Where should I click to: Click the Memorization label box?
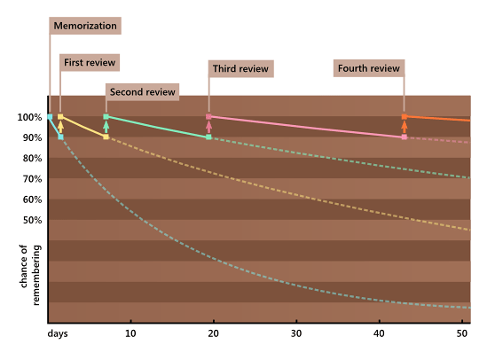[x=84, y=26]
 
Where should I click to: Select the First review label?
[x=90, y=62]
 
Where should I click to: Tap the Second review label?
[x=143, y=91]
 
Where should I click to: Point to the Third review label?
[x=240, y=68]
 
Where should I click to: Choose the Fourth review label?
[x=368, y=68]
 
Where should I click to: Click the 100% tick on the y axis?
[x=29, y=117]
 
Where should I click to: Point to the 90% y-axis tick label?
[x=31, y=137]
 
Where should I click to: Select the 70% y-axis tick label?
[x=31, y=179]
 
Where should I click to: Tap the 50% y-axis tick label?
[x=31, y=220]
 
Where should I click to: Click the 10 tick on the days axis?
[x=130, y=334]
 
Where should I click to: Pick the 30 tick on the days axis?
[x=296, y=334]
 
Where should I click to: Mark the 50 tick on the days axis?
[x=462, y=334]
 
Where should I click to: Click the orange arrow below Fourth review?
[x=405, y=126]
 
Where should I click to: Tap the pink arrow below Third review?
[x=208, y=126]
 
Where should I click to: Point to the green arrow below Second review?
[x=106, y=126]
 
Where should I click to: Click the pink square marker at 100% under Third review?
[x=208, y=116]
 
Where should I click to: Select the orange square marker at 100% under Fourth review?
[x=405, y=116]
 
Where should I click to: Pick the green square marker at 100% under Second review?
[x=106, y=116]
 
